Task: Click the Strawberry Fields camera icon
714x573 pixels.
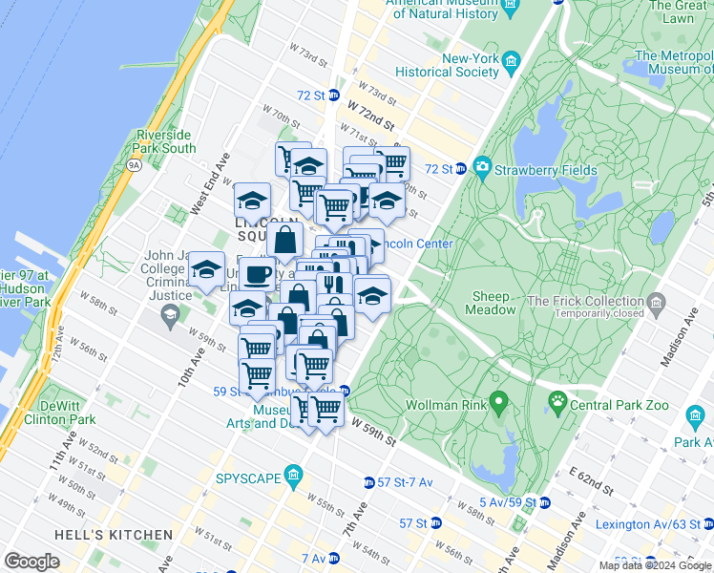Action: (x=482, y=169)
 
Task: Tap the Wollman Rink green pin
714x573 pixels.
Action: (x=496, y=401)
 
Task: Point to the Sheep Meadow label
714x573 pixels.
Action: (x=491, y=303)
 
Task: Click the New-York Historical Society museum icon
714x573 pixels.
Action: (x=512, y=63)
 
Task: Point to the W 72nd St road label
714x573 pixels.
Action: (x=371, y=115)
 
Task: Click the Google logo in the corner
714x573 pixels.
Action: (x=32, y=562)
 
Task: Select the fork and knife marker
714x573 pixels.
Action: (x=334, y=284)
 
